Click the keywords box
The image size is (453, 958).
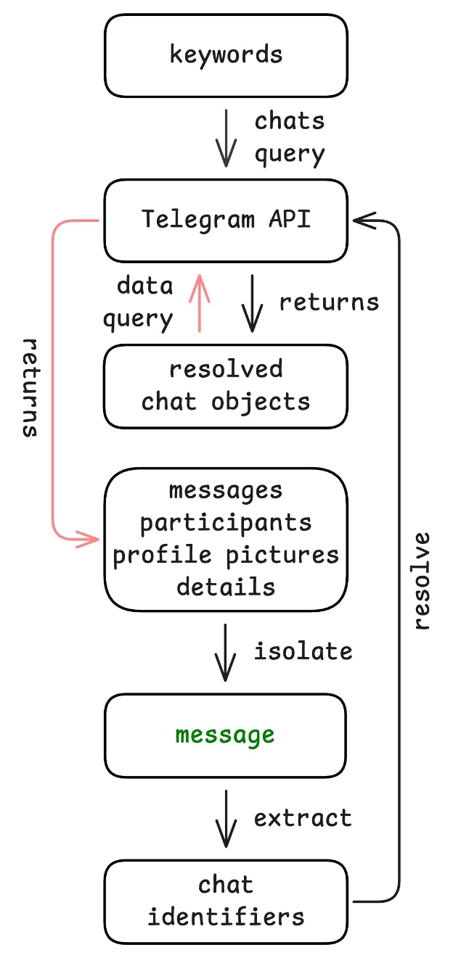pos(226,54)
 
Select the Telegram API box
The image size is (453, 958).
pos(226,220)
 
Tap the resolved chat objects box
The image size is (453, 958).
pos(226,386)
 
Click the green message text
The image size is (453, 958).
pos(225,735)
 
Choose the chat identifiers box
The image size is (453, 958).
pos(226,901)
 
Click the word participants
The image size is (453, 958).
pos(226,523)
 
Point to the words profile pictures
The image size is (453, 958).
pos(226,555)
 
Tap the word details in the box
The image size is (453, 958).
pos(226,586)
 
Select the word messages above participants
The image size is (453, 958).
pos(226,491)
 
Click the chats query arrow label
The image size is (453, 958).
pos(289,137)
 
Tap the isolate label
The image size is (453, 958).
pos(303,651)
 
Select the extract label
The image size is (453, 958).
pos(303,818)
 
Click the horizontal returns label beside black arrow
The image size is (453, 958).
pos(329,302)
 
